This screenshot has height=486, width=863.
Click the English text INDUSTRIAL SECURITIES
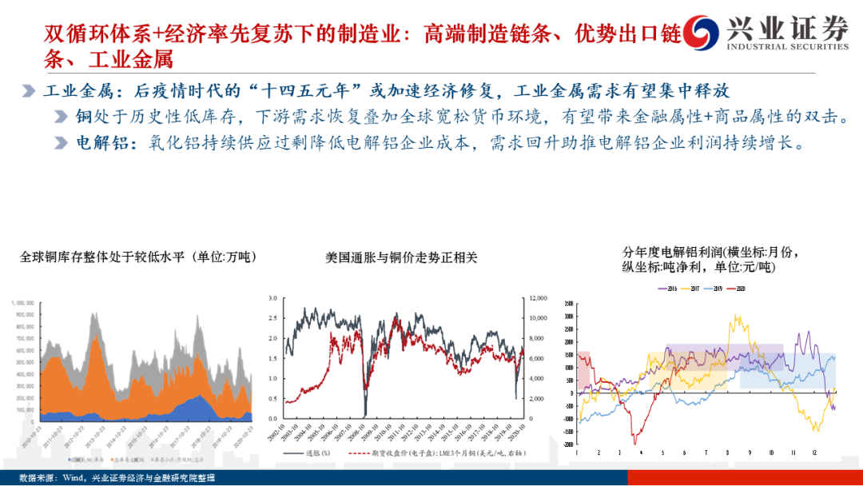click(x=787, y=46)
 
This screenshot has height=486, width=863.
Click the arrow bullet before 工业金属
click(x=28, y=91)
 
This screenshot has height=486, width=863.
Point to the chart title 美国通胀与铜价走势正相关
click(x=400, y=257)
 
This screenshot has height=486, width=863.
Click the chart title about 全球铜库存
click(x=137, y=257)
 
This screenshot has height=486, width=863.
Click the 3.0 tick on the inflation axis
click(x=272, y=297)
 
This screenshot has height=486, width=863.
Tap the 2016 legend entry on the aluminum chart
click(x=670, y=289)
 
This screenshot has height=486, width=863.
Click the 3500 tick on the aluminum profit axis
click(x=567, y=304)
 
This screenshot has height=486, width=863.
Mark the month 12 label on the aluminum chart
click(x=813, y=453)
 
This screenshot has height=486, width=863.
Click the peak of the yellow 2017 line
click(x=735, y=315)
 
